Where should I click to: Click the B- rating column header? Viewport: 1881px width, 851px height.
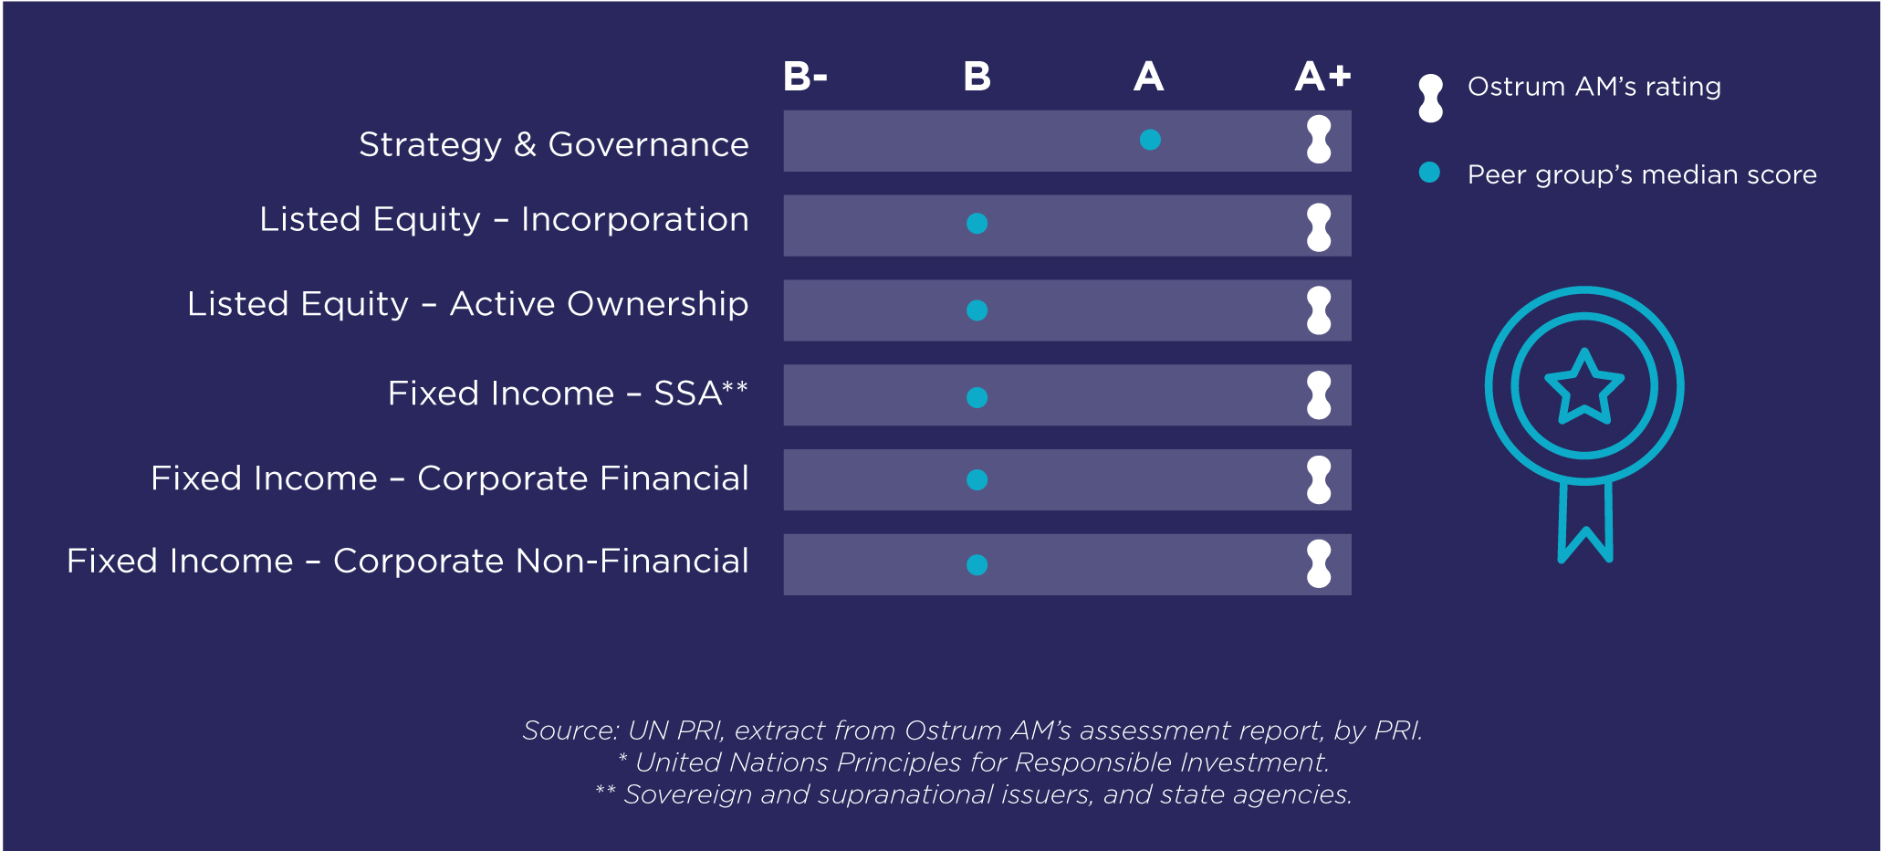click(805, 77)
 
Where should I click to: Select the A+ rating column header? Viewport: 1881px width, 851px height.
click(1322, 77)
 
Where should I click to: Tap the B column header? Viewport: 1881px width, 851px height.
click(977, 77)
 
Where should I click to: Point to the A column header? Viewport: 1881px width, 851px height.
click(1149, 77)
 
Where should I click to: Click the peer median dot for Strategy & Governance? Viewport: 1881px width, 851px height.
click(1150, 140)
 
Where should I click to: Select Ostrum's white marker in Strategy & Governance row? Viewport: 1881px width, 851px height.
click(1319, 140)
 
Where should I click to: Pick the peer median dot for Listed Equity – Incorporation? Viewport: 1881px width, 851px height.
click(977, 224)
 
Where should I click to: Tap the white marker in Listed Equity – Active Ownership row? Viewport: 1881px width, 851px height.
click(1319, 310)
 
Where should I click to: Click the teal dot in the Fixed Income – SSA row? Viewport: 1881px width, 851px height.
click(977, 397)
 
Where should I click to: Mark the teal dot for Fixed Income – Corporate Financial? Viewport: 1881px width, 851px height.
click(977, 480)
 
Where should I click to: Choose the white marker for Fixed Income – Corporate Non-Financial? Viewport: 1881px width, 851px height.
click(1319, 563)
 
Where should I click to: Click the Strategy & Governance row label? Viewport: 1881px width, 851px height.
click(554, 144)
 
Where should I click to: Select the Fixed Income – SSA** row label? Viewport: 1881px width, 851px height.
click(568, 394)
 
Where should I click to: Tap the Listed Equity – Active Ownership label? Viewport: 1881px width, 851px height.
click(467, 304)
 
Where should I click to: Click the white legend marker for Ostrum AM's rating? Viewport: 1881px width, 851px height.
click(1431, 98)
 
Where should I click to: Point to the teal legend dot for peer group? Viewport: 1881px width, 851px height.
click(1429, 173)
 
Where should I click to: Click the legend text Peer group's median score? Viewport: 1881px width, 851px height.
click(1642, 174)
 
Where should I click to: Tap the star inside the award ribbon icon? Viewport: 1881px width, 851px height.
click(1584, 387)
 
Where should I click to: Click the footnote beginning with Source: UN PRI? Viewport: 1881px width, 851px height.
click(972, 730)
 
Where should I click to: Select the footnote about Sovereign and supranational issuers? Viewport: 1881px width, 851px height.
click(973, 794)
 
